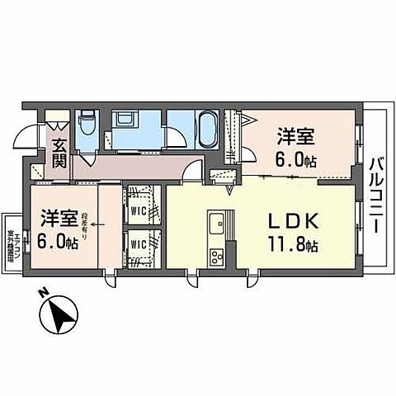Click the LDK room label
click(290, 222)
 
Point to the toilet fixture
click(87, 125)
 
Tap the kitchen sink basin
click(217, 224)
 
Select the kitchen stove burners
click(217, 254)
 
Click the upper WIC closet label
click(139, 210)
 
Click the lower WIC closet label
click(139, 245)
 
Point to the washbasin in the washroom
click(129, 120)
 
